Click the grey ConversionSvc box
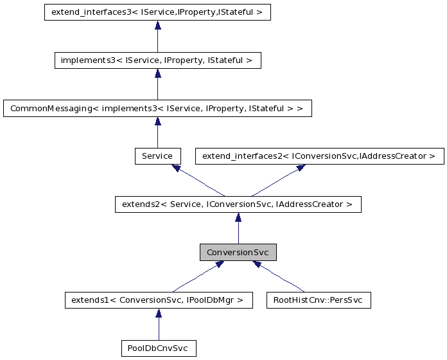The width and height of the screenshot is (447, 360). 238,253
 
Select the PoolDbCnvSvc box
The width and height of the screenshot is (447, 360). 158,348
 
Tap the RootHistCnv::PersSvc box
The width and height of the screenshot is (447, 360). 319,300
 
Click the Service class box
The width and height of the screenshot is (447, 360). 157,156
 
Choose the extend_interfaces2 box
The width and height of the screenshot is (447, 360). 319,156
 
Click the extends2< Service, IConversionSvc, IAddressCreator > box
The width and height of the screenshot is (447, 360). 238,204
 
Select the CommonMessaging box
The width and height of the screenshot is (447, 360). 157,108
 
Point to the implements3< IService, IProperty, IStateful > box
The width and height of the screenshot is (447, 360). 157,60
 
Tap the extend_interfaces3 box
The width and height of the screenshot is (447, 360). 157,12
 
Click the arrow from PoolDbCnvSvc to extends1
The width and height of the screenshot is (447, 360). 158,324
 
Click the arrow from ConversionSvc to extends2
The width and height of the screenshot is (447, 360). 238,228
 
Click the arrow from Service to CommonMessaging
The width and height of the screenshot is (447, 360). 157,132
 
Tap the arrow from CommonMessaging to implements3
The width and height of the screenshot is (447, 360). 157,84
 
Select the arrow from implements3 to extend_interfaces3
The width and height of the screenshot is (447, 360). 157,36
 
